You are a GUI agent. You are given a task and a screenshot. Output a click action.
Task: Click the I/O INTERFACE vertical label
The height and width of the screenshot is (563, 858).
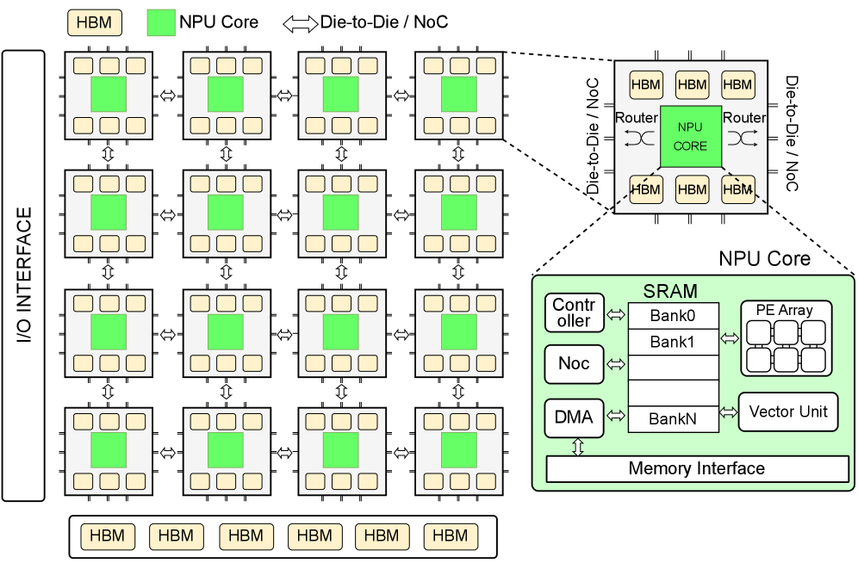[x=24, y=275]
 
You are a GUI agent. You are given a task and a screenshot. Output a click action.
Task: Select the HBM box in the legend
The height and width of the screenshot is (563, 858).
[x=94, y=22]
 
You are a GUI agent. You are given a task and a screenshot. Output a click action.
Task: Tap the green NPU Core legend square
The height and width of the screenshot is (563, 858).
[x=159, y=22]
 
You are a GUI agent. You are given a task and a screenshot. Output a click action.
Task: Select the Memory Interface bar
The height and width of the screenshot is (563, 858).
[x=697, y=469]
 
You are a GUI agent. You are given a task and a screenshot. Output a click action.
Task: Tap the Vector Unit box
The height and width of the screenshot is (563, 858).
[x=788, y=411]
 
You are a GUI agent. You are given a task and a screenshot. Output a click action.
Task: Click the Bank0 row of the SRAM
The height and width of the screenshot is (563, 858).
[x=673, y=316]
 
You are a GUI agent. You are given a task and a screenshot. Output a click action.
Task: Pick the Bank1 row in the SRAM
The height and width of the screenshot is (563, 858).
[x=673, y=342]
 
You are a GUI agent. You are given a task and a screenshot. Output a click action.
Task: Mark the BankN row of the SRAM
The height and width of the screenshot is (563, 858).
[x=673, y=419]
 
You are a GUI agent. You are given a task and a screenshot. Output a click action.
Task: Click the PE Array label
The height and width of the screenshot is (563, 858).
[x=785, y=311]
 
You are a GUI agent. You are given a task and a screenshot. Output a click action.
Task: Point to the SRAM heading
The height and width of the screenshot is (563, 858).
[x=670, y=293]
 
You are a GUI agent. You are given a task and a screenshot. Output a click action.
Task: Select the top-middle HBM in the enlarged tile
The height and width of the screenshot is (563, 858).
[x=692, y=84]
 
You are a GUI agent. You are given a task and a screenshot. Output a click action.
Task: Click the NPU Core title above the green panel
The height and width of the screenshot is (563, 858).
[x=764, y=259]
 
